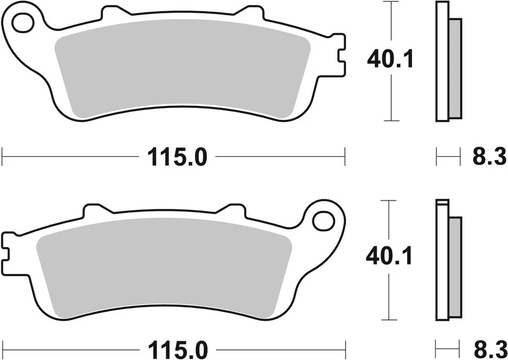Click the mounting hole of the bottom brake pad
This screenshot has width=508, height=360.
click(324, 221)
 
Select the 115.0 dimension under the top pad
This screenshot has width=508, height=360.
click(178, 156)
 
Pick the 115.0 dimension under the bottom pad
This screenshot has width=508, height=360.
click(178, 350)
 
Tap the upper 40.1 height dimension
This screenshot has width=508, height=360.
click(391, 60)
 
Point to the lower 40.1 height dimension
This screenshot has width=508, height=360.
click(391, 257)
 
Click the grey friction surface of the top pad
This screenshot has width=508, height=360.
click(181, 73)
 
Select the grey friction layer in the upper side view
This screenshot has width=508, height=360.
click(455, 69)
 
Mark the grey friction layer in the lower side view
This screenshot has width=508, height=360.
click(455, 267)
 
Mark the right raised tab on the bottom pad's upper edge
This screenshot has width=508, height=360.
click(231, 210)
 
